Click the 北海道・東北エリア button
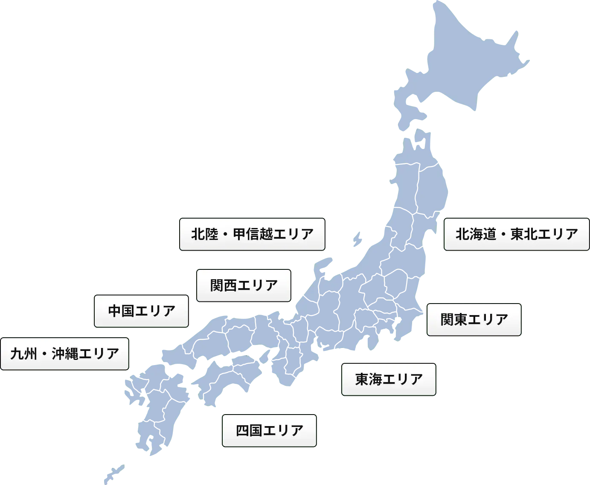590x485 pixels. click(x=517, y=234)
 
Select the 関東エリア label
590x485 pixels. click(x=474, y=320)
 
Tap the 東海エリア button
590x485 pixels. click(x=389, y=379)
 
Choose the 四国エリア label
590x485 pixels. click(x=269, y=430)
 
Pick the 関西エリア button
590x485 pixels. click(x=244, y=285)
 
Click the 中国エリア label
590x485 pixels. click(x=141, y=311)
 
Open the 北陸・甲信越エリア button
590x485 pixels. click(x=252, y=234)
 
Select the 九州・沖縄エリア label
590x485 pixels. click(x=64, y=354)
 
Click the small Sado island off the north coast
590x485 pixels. click(x=357, y=238)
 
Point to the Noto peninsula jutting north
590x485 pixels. click(x=321, y=267)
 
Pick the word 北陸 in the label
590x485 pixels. click(x=205, y=234)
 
